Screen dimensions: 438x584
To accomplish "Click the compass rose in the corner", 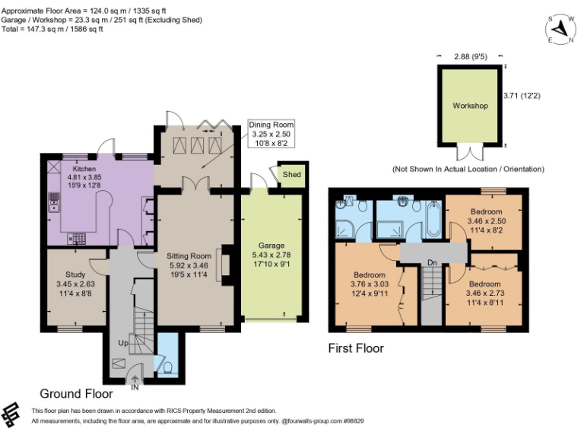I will point(561,30).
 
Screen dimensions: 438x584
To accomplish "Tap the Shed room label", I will point(290,175).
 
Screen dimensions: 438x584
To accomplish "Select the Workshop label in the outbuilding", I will point(469,106).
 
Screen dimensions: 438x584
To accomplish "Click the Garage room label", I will point(271,246).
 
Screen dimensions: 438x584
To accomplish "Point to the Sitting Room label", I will point(189,256).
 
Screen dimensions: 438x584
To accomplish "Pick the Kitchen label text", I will point(84,168).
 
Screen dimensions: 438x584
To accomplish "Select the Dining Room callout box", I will point(271,134).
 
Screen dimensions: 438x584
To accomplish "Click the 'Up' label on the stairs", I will point(122,343).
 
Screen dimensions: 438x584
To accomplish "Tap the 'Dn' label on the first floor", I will point(432,263).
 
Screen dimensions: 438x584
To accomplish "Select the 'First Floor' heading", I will point(356,349).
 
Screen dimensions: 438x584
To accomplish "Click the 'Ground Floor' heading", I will point(76,394).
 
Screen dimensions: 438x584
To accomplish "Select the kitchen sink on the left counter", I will point(54,201).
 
